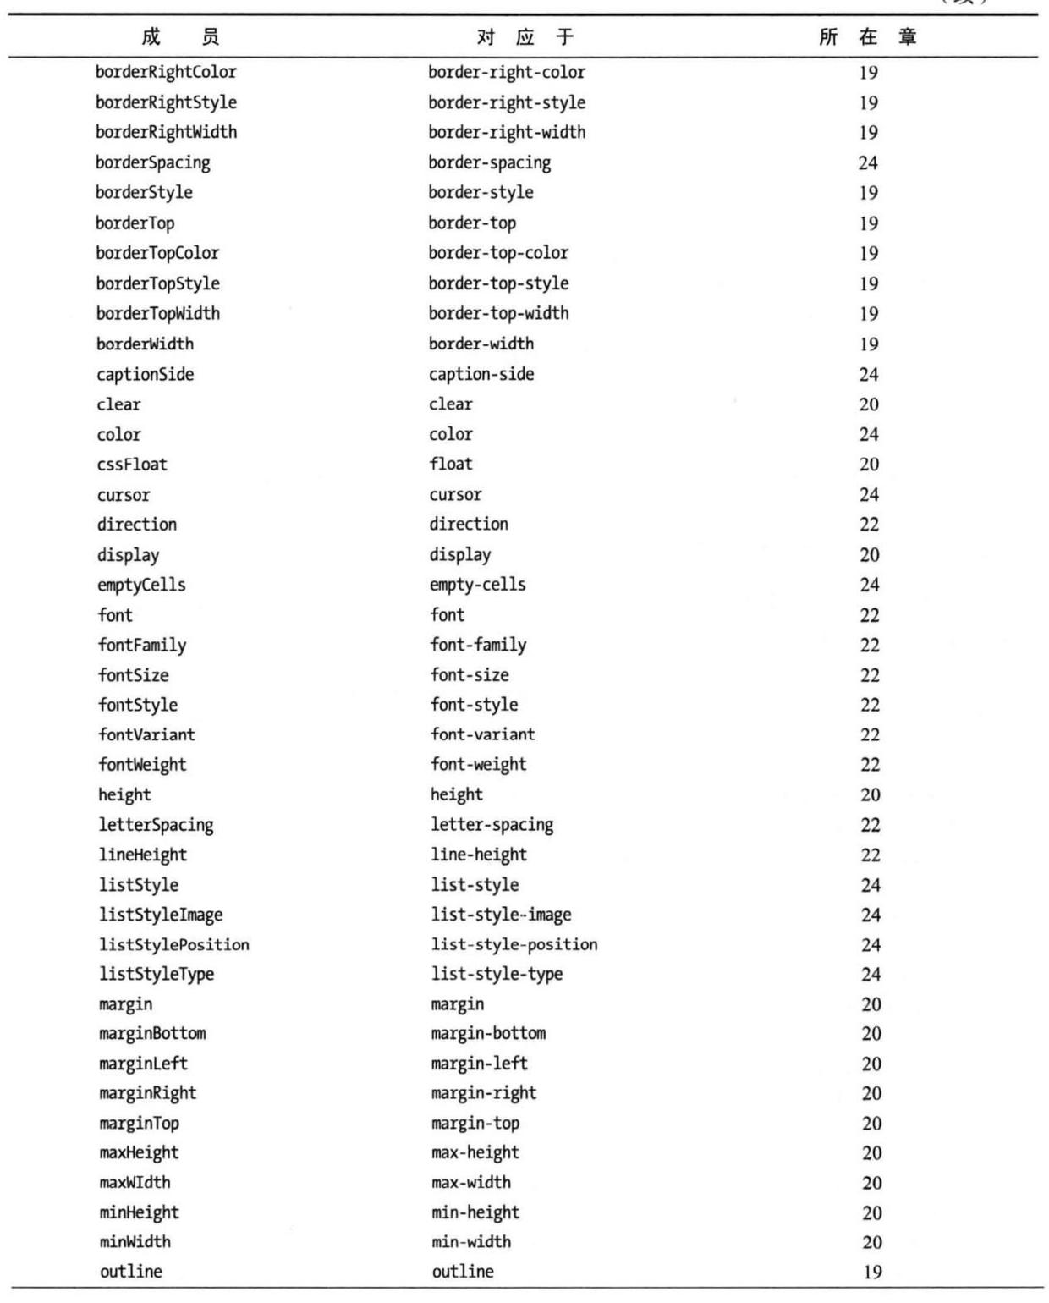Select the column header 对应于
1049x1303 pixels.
[x=524, y=36]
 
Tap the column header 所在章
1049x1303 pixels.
[x=867, y=36]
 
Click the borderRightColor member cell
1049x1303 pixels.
[x=166, y=72]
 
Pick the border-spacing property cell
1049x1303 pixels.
[x=489, y=162]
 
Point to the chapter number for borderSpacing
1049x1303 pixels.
[x=868, y=162]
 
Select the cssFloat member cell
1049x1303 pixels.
[x=132, y=464]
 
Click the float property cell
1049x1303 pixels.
[x=451, y=464]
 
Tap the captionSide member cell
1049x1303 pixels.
[x=145, y=374]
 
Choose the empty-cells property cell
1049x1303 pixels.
[x=477, y=585]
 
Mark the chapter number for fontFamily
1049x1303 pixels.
[x=870, y=645]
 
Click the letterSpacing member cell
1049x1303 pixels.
[x=156, y=825]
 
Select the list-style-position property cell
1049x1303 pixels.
[x=514, y=944]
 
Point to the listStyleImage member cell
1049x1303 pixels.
[x=161, y=915]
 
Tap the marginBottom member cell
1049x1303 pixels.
[x=152, y=1034]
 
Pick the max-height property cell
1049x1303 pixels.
[x=475, y=1152]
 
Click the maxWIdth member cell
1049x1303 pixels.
[x=135, y=1182]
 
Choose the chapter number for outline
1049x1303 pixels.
[x=872, y=1272]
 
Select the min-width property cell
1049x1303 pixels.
[x=471, y=1242]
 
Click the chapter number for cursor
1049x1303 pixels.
[x=869, y=494]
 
